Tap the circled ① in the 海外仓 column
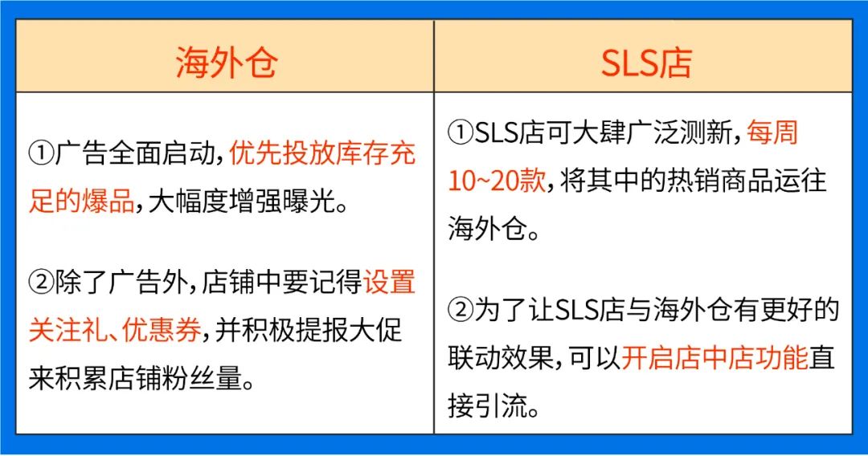[41, 153]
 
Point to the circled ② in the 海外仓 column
[41, 283]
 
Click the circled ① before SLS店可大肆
[461, 132]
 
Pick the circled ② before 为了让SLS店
[461, 311]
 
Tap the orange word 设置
[390, 283]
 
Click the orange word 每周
[772, 132]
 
